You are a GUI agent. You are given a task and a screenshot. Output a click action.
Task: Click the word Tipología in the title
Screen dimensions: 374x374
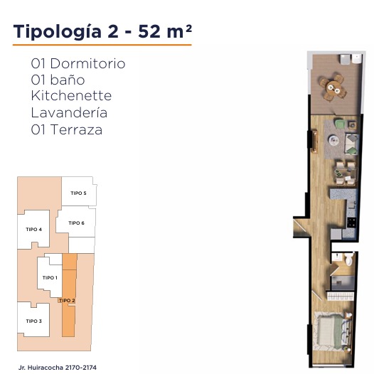(x=58, y=32)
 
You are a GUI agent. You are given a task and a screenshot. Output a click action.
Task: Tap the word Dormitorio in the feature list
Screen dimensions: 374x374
(x=87, y=63)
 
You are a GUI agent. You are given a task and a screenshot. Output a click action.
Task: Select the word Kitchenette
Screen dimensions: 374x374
(x=71, y=96)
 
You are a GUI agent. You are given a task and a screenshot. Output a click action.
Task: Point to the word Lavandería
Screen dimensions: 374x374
(x=69, y=112)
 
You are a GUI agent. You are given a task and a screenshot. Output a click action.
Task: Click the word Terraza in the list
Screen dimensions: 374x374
(x=76, y=129)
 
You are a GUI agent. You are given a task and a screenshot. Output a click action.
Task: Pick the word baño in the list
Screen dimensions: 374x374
(x=68, y=80)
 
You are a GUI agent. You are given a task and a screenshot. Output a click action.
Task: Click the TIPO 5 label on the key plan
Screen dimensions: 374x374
(x=78, y=193)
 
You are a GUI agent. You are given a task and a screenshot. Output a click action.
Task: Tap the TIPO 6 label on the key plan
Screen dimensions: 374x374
(x=76, y=223)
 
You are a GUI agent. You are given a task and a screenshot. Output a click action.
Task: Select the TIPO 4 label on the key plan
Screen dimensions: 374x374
(x=34, y=230)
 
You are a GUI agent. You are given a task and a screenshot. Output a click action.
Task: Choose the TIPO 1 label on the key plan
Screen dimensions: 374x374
(x=50, y=277)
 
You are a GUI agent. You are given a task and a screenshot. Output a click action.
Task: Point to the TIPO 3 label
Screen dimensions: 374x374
(x=34, y=321)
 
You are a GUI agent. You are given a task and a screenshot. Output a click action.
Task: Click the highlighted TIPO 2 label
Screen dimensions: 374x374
(x=67, y=301)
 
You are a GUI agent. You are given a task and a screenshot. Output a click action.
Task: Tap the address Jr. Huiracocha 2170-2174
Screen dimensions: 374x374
(x=58, y=368)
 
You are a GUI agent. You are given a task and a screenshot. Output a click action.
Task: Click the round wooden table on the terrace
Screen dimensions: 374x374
(x=333, y=87)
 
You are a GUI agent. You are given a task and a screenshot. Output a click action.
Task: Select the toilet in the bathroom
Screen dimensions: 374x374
(x=348, y=259)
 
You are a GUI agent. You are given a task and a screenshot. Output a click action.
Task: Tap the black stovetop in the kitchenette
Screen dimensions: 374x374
(x=351, y=222)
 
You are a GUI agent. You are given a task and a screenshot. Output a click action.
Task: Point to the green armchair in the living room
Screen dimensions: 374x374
(x=341, y=124)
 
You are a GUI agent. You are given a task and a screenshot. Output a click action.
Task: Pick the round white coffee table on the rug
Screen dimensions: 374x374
(x=333, y=140)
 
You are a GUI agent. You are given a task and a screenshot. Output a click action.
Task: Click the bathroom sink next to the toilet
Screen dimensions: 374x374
(x=336, y=257)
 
